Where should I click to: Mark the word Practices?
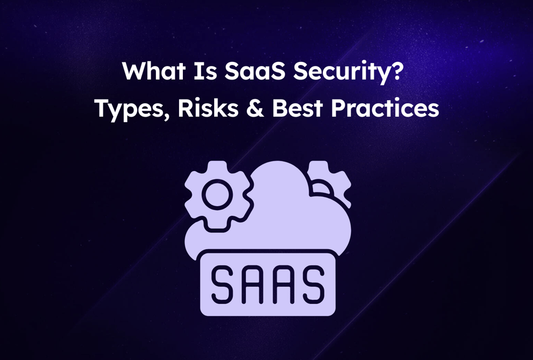tap(385, 109)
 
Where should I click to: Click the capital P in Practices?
tap(338, 109)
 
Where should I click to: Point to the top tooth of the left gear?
tap(218, 165)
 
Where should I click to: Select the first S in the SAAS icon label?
tap(223, 284)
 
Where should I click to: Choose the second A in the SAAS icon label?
tap(283, 284)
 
